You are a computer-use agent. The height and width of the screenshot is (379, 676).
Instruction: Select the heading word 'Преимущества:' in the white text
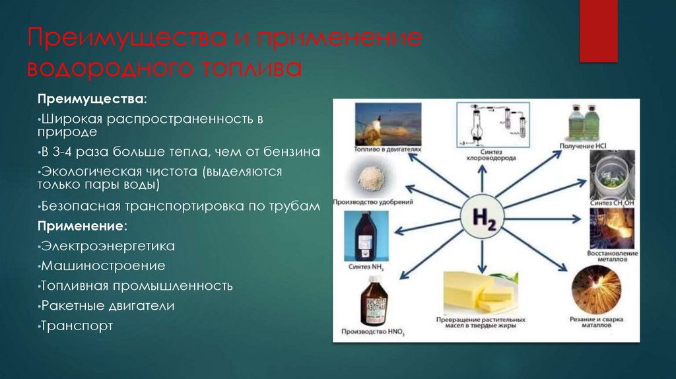tap(92, 98)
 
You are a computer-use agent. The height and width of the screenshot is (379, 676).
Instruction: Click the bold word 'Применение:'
tap(82, 226)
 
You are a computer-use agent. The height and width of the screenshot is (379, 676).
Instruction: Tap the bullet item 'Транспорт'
tap(77, 326)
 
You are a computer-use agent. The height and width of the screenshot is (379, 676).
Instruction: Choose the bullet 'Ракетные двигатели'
tap(108, 306)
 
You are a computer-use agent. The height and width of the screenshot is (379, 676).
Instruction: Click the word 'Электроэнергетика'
tap(108, 246)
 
